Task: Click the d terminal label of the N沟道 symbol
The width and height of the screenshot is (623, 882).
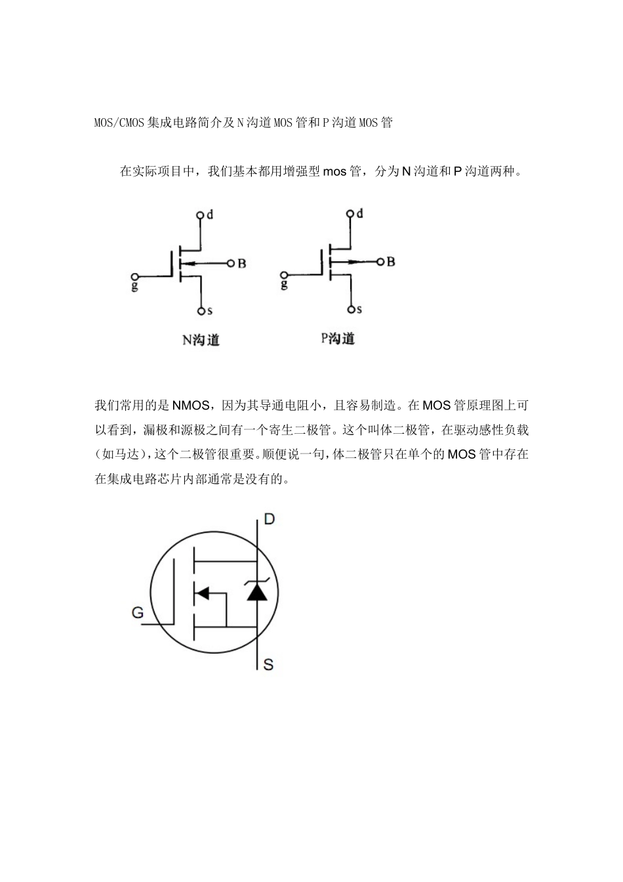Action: [210, 215]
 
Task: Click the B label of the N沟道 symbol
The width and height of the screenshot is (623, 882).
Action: [241, 264]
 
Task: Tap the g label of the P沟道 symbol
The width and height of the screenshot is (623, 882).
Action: [284, 284]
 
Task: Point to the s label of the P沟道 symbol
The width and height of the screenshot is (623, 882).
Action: [359, 309]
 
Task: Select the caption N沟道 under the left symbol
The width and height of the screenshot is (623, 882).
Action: [201, 340]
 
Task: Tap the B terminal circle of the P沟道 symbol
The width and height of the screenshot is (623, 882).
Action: [380, 262]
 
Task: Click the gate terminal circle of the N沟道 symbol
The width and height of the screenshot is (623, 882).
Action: [135, 277]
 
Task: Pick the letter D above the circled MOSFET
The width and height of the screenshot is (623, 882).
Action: [269, 519]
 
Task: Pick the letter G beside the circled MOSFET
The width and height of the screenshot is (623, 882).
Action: [138, 613]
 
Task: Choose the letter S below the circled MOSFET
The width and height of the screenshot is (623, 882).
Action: [268, 665]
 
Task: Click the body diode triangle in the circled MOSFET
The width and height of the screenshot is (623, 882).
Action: [256, 592]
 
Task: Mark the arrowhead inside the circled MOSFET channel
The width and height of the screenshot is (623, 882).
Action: [202, 593]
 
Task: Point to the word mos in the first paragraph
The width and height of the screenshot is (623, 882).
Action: [334, 172]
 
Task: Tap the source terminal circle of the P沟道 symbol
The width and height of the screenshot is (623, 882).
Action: [352, 309]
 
